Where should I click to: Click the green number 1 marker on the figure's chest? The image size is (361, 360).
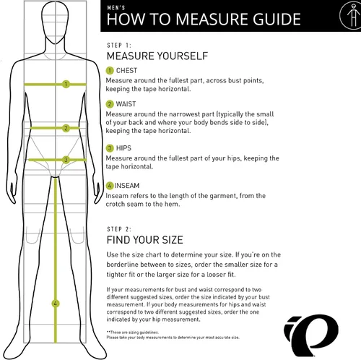click(66, 84)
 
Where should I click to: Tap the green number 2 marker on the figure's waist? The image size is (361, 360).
click(66, 128)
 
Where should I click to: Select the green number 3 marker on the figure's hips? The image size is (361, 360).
click(66, 160)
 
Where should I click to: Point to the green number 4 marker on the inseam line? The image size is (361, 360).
click(56, 304)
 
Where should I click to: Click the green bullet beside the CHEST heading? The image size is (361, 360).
click(110, 71)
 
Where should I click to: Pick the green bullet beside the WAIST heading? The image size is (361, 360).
click(110, 104)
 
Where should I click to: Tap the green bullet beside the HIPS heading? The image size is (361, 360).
click(110, 148)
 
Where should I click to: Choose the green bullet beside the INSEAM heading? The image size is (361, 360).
click(110, 186)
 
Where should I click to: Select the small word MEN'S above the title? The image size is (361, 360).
click(116, 8)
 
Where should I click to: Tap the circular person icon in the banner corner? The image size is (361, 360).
click(350, 15)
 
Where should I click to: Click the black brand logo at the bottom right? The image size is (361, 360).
click(311, 335)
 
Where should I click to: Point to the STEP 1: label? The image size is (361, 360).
click(119, 46)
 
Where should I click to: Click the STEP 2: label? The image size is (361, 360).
click(119, 229)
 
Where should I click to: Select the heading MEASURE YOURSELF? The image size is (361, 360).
click(157, 56)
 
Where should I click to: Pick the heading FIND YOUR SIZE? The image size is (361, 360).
click(145, 240)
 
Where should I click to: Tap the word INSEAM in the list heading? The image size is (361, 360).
click(127, 186)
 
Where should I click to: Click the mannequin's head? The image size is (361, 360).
click(55, 23)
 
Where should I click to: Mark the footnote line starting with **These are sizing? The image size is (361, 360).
click(133, 333)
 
